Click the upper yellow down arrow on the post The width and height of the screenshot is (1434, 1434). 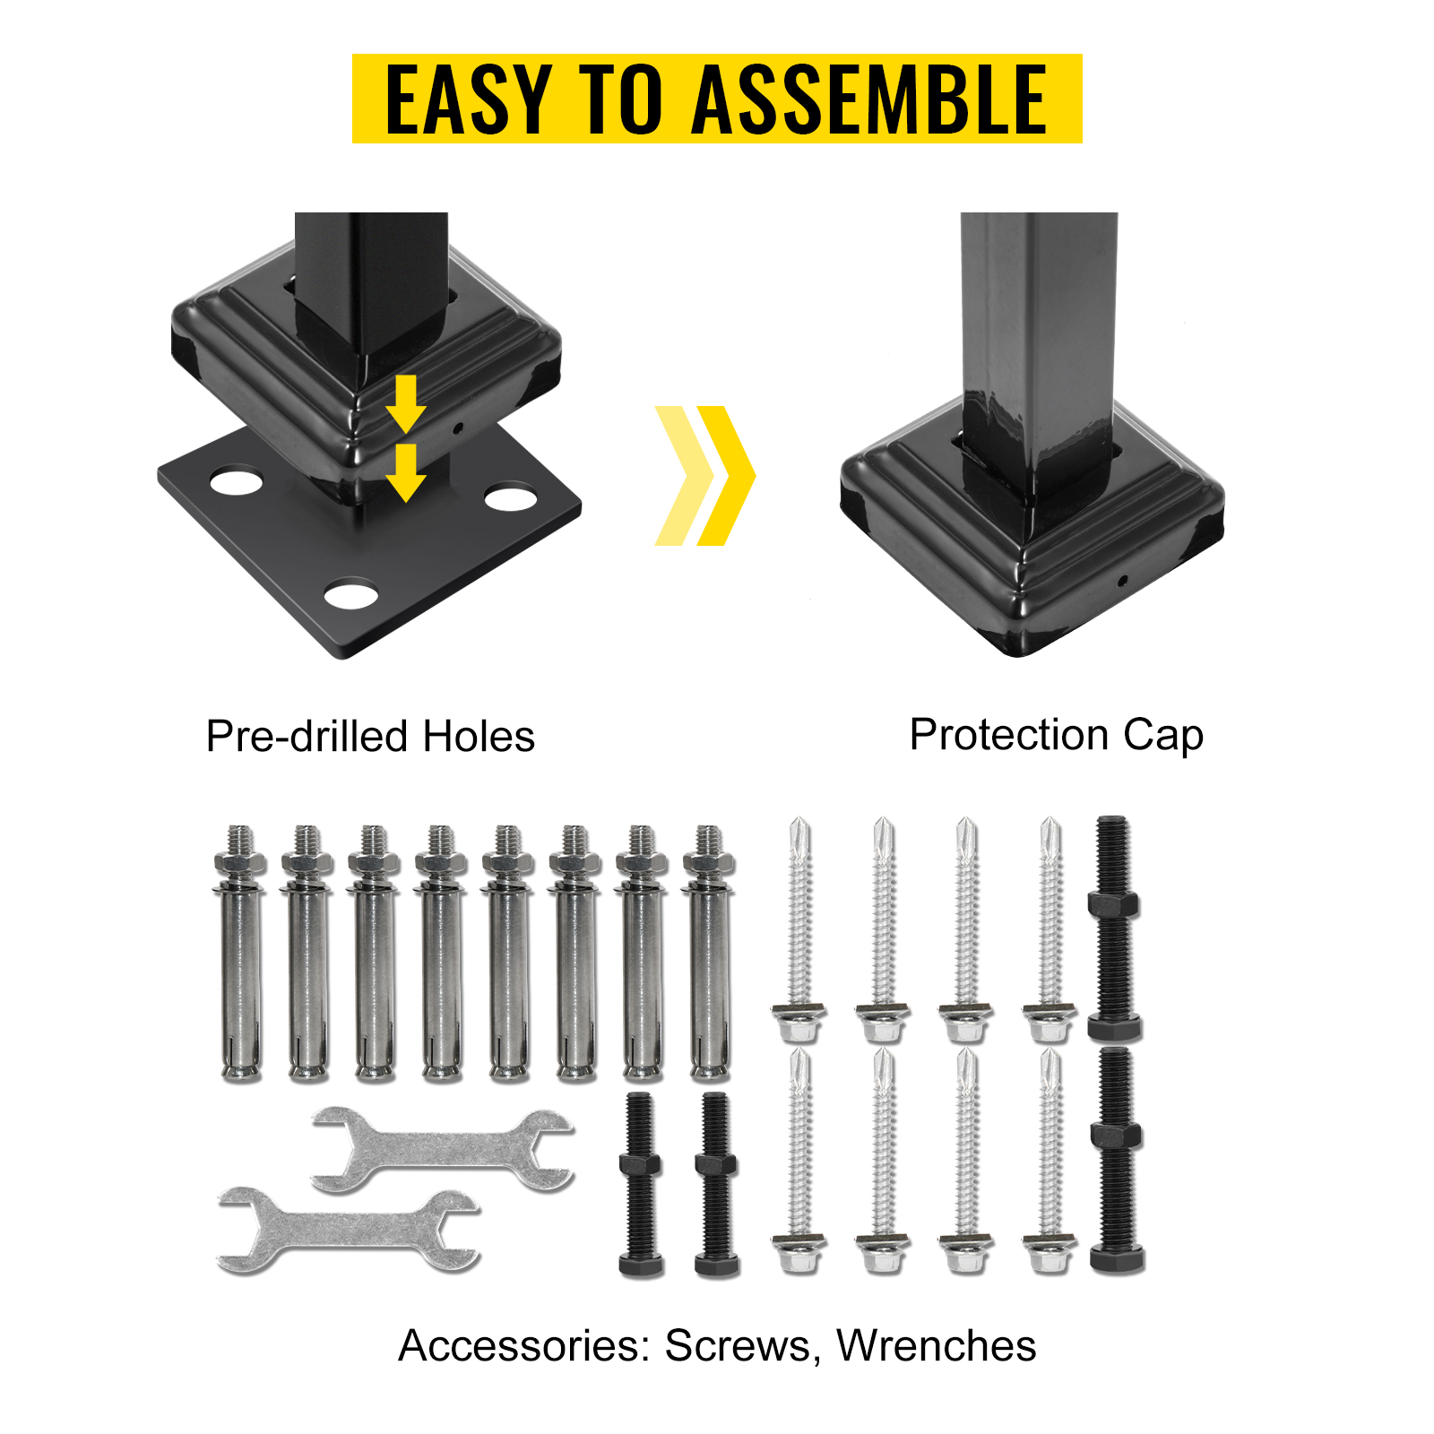pos(406,404)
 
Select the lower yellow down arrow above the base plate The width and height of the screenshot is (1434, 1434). pos(406,473)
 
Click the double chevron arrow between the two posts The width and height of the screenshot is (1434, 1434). pos(705,475)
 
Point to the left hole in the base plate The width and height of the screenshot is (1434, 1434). pos(237,481)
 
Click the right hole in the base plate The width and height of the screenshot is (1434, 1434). pos(511,497)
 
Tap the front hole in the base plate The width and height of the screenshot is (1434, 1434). pos(350,595)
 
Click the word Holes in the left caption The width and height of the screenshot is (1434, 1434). pos(479,737)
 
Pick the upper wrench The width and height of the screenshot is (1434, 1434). pos(443,1150)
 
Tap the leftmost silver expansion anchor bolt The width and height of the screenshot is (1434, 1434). pos(240,953)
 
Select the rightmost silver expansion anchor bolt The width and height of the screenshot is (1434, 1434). pos(709,953)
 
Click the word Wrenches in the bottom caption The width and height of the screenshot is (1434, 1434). pos(937,1345)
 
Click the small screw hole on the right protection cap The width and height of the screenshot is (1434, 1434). pos(1121,580)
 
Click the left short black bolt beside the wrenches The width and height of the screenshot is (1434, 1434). pos(641,1184)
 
